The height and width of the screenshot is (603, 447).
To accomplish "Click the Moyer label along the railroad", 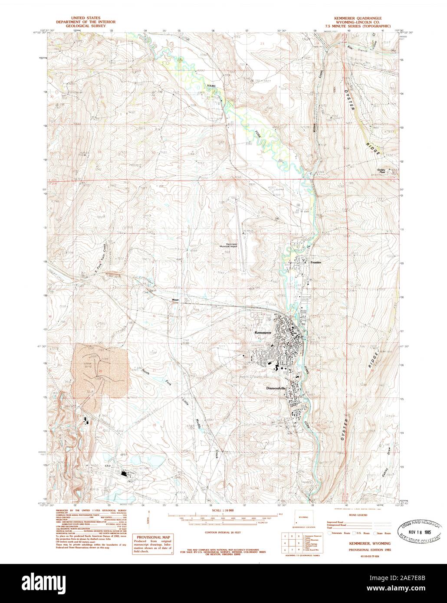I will (x=175, y=299).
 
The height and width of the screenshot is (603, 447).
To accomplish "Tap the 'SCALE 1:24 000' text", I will (x=219, y=511).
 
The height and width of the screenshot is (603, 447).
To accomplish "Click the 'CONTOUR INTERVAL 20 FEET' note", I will (x=219, y=528).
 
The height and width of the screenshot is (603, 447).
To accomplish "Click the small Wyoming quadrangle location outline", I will (x=301, y=518).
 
